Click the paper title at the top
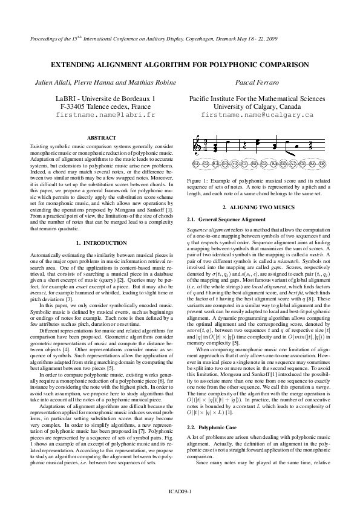[x=180, y=64]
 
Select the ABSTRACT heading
[x=102, y=138]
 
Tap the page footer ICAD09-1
[x=180, y=492]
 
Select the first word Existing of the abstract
[x=39, y=147]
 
